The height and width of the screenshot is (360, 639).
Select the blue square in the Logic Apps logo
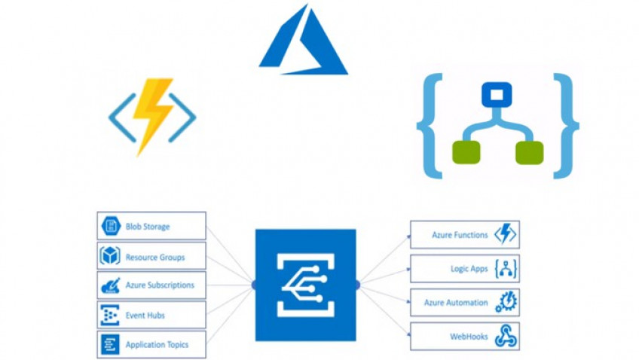497,95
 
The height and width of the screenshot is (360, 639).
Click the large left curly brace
431,126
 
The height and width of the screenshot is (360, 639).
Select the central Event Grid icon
305,285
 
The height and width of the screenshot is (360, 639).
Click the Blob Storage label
148,226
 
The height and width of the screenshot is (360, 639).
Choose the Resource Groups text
155,257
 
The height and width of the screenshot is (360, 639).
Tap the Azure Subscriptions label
160,285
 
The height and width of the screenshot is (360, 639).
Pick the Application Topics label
157,345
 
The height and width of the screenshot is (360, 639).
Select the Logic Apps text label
464,268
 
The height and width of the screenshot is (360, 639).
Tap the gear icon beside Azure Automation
505,302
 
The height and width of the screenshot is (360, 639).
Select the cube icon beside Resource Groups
110,256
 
